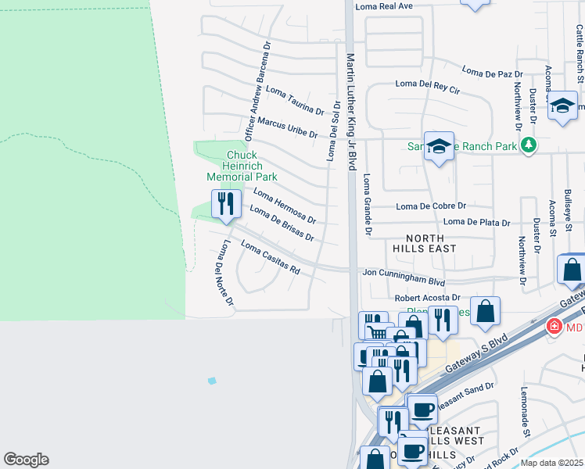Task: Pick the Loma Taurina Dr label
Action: pyautogui.click(x=295, y=100)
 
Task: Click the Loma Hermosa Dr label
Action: pyautogui.click(x=285, y=206)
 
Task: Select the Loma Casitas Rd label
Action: pyautogui.click(x=271, y=258)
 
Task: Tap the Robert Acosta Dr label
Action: pyautogui.click(x=427, y=298)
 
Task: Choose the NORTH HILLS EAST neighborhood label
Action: pyautogui.click(x=431, y=243)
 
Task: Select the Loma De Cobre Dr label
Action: pyautogui.click(x=431, y=206)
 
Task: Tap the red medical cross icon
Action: pyautogui.click(x=554, y=325)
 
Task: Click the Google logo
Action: pyautogui.click(x=26, y=460)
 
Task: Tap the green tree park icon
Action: pyautogui.click(x=529, y=145)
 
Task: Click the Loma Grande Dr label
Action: pyautogui.click(x=365, y=205)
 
